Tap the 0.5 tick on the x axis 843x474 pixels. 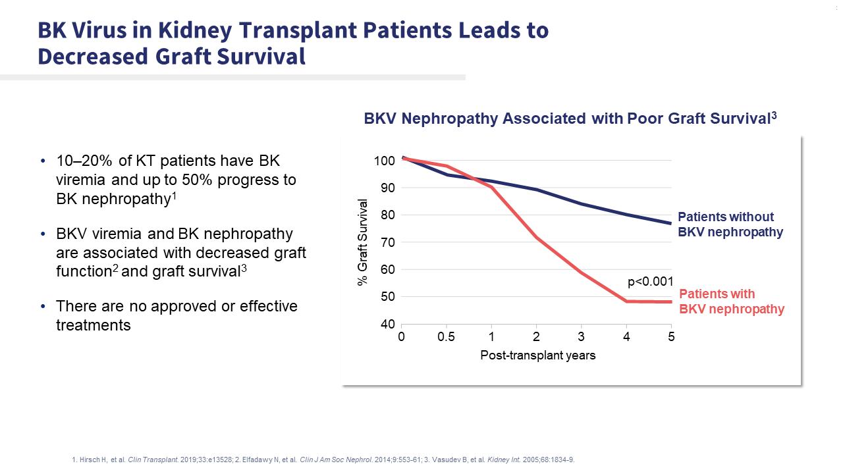coord(447,337)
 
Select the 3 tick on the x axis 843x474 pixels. coord(582,337)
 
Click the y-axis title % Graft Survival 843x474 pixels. coord(362,242)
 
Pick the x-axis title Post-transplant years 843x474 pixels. coord(537,355)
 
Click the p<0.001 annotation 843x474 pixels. coord(650,282)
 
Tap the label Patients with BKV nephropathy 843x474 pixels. coord(731,302)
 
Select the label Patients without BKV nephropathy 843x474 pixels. coord(730,224)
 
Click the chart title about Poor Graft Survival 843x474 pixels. coord(570,119)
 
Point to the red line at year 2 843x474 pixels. coord(536,237)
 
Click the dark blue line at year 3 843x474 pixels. coord(582,204)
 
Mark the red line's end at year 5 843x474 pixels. coord(670,302)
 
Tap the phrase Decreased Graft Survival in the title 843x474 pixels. coord(171,57)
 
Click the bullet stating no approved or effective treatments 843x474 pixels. coord(177,315)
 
